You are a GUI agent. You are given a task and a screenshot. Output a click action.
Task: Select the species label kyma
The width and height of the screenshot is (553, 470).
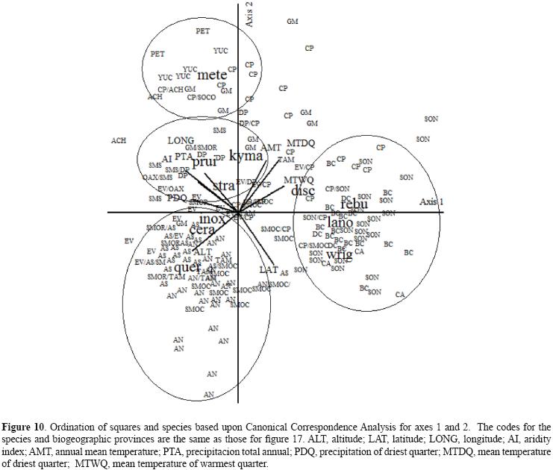[x=246, y=156]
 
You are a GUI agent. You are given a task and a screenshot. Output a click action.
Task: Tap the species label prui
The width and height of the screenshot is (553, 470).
[x=204, y=162]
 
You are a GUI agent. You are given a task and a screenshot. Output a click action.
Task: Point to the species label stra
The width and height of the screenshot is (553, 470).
[x=224, y=186]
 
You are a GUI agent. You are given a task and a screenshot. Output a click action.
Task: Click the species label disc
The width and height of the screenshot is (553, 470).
[x=303, y=191]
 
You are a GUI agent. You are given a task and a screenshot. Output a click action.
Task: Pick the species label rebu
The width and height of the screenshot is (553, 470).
[x=354, y=204]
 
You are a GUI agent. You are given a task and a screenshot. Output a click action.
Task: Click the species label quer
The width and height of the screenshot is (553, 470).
[x=187, y=267]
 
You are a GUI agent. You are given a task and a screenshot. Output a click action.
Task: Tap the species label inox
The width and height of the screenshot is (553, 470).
[x=212, y=219]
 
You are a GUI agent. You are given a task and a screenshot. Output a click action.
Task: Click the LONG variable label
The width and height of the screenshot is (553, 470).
[x=181, y=140]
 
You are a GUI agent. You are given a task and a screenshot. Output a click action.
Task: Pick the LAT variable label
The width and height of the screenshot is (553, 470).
[x=268, y=269]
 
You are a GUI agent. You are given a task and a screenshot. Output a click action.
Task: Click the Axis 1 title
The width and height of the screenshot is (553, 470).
[x=431, y=202]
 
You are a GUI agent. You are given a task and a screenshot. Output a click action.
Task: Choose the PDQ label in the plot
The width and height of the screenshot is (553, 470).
[x=177, y=198]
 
